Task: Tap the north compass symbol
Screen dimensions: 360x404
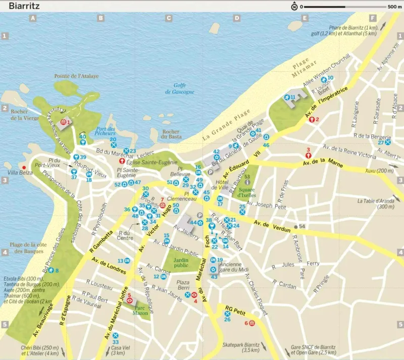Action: click(293, 7)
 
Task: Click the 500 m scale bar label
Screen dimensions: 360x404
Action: click(394, 7)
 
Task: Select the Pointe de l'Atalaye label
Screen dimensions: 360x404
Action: click(77, 76)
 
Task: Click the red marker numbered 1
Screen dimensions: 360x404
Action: click(64, 122)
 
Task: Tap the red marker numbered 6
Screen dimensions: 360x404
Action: click(252, 323)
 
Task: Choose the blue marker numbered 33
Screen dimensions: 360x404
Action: click(116, 336)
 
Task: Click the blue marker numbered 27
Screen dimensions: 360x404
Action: click(388, 142)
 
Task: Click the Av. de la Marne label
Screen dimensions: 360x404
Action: click(323, 163)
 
